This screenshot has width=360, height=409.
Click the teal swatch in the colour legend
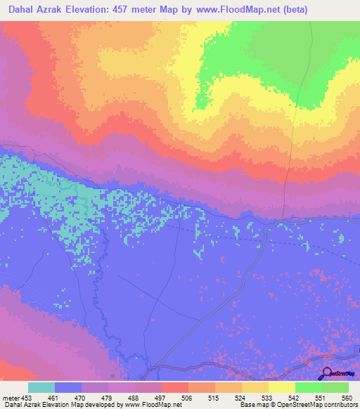tap(41, 387)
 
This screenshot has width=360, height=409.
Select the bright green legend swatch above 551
tap(309, 387)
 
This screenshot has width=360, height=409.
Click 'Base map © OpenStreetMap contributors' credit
tap(298, 405)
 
